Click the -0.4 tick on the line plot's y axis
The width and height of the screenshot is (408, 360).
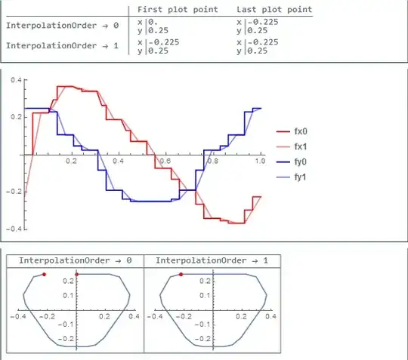point(14,228)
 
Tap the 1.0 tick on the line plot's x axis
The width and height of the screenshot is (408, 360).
point(259,162)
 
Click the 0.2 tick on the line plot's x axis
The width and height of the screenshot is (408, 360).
point(72,162)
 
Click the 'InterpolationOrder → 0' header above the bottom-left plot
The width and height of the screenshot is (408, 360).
point(75,260)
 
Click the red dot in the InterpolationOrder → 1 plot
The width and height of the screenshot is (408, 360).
point(181,275)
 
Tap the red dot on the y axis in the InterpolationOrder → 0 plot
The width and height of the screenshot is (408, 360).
point(77,275)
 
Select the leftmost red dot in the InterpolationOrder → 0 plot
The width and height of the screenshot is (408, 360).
point(45,275)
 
